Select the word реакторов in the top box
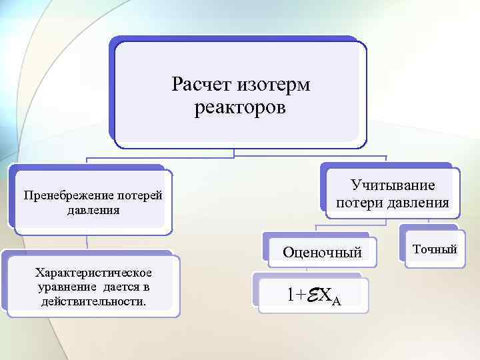[240, 108]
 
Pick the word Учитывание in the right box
[393, 185]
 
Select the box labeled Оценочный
[321, 252]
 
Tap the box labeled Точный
[435, 249]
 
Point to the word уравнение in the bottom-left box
[67, 287]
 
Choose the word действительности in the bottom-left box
[93, 301]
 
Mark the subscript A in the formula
[336, 301]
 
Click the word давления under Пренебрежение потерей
[93, 210]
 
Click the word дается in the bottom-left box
[123, 287]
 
